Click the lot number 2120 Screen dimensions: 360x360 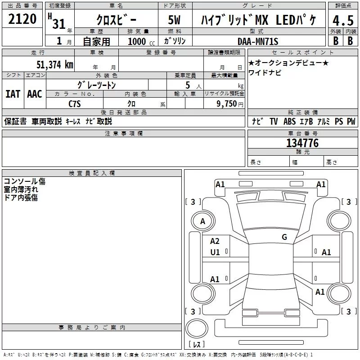pos(22,19)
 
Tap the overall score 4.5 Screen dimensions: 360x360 pos(342,20)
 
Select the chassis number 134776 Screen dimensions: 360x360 pos(302,143)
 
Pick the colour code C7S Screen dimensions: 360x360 pos(75,103)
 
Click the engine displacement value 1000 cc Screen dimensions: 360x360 pos(139,41)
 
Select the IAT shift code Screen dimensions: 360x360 pos(13,94)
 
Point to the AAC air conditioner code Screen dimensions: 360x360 pos(35,94)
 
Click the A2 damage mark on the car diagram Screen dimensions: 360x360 pos(215,241)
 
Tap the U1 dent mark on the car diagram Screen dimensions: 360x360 pos(215,252)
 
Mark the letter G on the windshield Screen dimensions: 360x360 pos(284,237)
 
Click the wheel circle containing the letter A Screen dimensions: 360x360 pos(203,221)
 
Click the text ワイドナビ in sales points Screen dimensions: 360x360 pos(265,72)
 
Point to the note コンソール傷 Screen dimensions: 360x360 pos(24,181)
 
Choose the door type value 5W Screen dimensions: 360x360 pos(175,21)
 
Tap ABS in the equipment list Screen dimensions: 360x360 pos(289,121)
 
